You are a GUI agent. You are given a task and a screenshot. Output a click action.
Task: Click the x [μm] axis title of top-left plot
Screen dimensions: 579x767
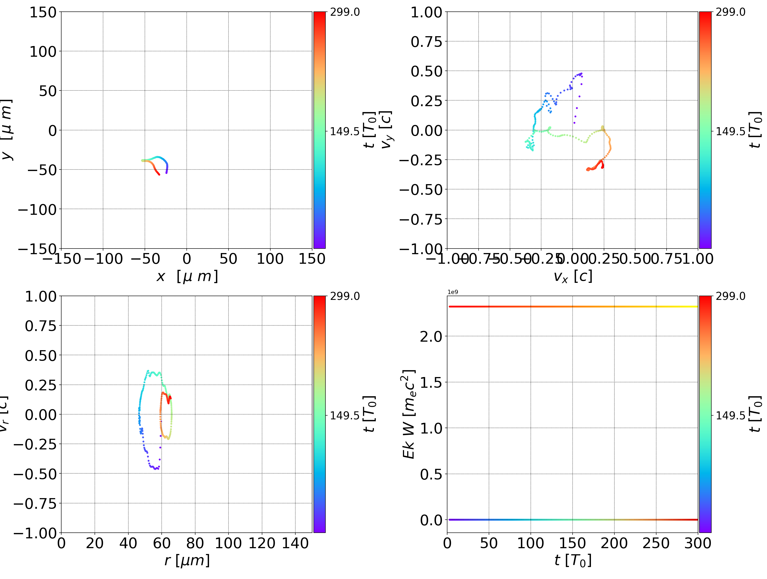tap(187, 276)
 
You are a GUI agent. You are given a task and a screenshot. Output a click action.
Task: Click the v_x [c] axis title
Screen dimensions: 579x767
tap(573, 276)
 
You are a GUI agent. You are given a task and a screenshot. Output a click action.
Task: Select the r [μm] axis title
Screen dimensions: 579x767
tap(187, 560)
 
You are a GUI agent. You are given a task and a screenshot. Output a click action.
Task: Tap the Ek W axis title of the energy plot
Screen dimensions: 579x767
tap(409, 414)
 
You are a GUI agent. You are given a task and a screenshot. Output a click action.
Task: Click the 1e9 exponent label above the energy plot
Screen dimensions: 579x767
tap(452, 292)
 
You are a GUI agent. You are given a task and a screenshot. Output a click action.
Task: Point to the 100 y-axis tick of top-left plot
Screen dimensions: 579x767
tap(43, 52)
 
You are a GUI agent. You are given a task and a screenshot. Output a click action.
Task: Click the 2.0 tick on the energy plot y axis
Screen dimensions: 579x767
tap(431, 336)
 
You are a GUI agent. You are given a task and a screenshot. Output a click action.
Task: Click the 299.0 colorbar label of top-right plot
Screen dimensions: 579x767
tap(730, 12)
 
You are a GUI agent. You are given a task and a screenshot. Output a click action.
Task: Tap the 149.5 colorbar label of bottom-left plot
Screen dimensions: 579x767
tap(345, 415)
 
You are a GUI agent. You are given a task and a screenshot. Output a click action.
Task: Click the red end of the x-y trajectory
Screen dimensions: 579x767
tap(159, 174)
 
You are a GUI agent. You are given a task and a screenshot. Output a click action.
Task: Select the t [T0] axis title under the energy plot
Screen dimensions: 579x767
tap(573, 560)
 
